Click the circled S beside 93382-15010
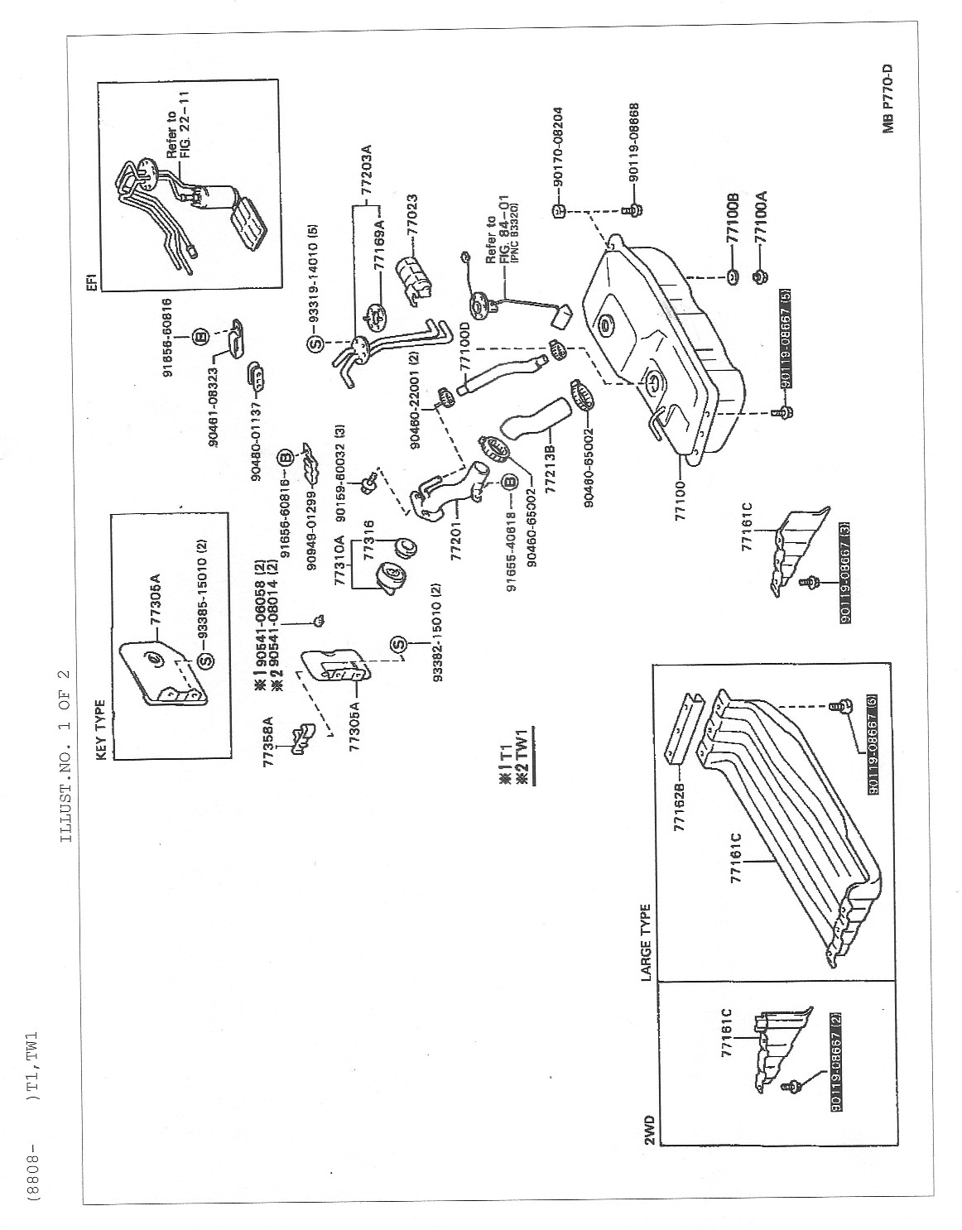pyautogui.click(x=398, y=646)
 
